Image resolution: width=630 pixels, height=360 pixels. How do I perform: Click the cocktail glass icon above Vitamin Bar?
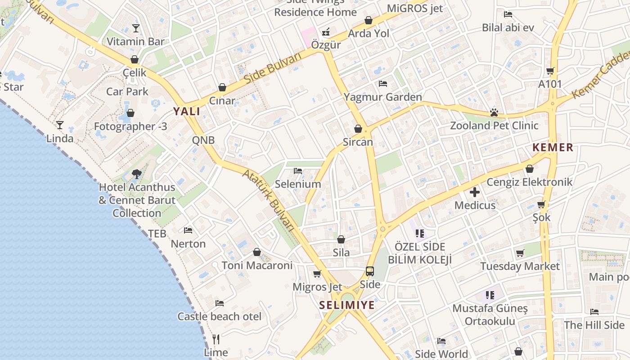[136, 28]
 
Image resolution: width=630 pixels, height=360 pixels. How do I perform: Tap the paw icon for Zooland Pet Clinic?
[494, 112]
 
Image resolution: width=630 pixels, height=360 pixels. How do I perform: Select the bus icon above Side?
[370, 271]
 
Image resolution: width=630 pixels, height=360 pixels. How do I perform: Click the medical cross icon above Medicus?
[475, 193]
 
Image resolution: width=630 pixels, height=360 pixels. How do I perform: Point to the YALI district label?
[187, 112]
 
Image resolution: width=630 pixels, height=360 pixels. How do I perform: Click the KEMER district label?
[553, 147]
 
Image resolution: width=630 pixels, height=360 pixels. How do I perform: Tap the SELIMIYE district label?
[347, 305]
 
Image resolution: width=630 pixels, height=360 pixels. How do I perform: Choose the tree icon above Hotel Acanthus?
[137, 174]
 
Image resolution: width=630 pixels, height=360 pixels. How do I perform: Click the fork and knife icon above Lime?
[216, 339]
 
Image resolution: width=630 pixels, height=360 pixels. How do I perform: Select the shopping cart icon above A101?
[550, 71]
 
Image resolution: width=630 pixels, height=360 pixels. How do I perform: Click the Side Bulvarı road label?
[273, 68]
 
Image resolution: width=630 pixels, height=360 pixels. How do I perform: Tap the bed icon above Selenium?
[298, 171]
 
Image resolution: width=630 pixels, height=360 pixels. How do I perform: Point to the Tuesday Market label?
[520, 266]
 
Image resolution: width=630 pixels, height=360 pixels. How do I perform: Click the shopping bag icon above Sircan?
[358, 129]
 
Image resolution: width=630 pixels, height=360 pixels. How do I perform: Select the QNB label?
[203, 140]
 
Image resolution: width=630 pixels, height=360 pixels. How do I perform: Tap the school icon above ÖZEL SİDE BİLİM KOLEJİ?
[420, 233]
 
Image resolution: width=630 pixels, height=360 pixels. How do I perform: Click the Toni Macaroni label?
[257, 265]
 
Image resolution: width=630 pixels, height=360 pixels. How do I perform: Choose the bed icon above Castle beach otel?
[220, 303]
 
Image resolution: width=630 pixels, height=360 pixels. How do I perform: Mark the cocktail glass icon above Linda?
[60, 125]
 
